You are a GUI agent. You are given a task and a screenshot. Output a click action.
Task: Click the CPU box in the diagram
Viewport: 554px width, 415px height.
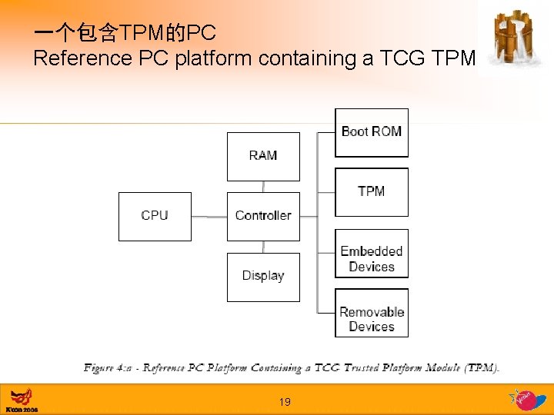click(155, 216)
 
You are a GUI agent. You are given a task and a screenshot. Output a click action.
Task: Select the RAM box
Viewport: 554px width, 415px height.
click(263, 156)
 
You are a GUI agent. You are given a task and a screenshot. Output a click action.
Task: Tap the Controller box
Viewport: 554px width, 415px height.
click(263, 216)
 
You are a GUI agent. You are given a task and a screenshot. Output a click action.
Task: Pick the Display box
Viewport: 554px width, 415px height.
click(263, 277)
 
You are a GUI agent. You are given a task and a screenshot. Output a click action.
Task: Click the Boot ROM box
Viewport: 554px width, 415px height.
click(372, 132)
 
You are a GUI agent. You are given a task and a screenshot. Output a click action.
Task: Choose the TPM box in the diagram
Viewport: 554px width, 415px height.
click(372, 192)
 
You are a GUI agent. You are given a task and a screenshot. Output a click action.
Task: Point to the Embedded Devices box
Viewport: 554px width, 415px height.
click(372, 253)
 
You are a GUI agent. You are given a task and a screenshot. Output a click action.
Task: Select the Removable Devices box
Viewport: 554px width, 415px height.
click(372, 313)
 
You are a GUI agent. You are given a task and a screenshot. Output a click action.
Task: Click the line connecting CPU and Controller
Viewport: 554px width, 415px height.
click(209, 217)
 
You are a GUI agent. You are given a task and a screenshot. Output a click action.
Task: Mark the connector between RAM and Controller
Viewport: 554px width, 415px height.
click(263, 186)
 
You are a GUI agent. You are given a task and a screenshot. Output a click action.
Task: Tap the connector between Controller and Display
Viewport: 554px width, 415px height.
click(263, 246)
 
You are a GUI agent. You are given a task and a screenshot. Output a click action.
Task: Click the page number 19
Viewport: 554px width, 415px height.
click(285, 401)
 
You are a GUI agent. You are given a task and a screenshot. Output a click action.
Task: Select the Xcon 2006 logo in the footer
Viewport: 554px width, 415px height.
click(22, 400)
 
